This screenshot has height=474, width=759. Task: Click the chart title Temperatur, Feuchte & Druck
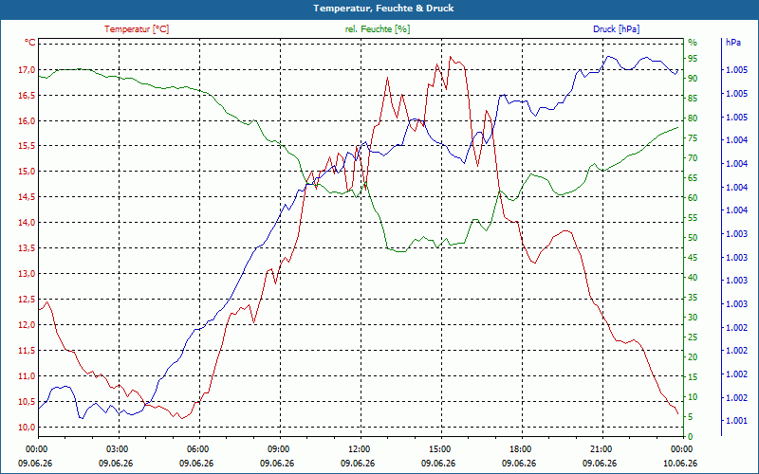coord(383,9)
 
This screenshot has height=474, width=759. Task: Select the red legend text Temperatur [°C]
coord(137,29)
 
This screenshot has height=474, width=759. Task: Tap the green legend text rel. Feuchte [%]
coord(377,29)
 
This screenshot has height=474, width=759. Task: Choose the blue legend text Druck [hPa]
coord(616,29)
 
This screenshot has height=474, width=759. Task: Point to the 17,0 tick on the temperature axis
coord(27,69)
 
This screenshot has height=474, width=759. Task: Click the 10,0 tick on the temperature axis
coord(27,428)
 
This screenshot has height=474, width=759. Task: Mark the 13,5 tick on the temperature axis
coord(27,248)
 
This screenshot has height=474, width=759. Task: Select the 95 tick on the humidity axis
coord(693,59)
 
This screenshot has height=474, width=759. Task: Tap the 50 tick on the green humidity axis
coord(693,238)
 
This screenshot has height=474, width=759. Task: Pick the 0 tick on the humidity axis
coord(691,437)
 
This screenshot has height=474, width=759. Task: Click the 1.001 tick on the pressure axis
coord(736,421)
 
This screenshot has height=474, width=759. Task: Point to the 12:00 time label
coord(359,448)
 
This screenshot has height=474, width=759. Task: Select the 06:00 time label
coord(197,448)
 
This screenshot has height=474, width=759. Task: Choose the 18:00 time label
coord(520,448)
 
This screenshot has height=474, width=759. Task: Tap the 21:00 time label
coord(601,448)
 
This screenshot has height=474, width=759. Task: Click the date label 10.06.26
coord(680,463)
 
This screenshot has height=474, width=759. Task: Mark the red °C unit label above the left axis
coord(30,43)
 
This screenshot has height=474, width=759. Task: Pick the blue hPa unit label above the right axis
coord(733,43)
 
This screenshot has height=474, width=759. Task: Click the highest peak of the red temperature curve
coord(450,57)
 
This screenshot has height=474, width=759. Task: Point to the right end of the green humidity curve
coord(677,127)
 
